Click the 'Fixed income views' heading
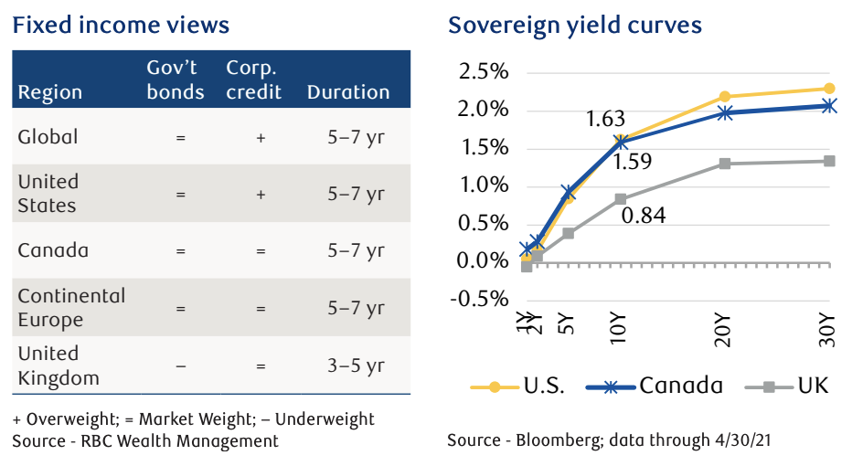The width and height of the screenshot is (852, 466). point(121,24)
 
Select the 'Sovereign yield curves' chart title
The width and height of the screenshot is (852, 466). point(574,24)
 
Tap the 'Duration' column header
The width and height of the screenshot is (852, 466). point(348,92)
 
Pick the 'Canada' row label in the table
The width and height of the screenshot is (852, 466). point(53,250)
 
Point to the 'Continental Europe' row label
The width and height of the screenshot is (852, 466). point(71,308)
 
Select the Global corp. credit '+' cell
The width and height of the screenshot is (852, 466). point(260,137)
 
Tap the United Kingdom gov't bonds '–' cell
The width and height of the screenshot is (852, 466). point(181,365)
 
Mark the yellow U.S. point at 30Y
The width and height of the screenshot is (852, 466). point(828,89)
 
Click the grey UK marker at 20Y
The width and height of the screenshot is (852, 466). point(725,164)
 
